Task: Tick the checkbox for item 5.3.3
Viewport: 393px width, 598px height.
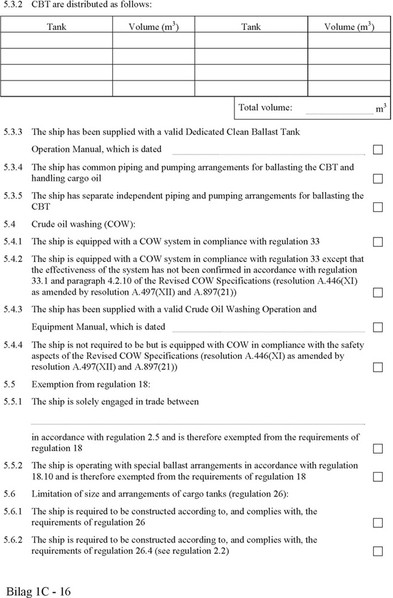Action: tap(377, 149)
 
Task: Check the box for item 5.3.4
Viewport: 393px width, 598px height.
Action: tap(377, 178)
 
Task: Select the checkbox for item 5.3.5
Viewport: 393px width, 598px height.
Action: tap(377, 207)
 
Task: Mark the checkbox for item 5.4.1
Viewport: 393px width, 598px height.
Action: tap(377, 242)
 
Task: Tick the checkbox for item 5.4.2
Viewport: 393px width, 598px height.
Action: tap(377, 293)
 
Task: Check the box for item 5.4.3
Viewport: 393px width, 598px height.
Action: tap(377, 327)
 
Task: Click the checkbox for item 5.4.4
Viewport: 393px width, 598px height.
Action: tap(377, 367)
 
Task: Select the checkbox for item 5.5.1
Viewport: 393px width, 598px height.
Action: tap(377, 448)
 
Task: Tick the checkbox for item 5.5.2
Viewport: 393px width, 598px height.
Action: tap(377, 477)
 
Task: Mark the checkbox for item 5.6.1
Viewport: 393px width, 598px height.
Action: tap(377, 523)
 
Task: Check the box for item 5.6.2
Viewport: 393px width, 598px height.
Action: tap(377, 551)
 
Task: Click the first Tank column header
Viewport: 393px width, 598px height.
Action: tap(57, 27)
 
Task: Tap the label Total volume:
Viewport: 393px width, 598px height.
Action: tap(265, 108)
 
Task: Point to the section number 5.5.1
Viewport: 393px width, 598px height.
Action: tap(13, 402)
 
